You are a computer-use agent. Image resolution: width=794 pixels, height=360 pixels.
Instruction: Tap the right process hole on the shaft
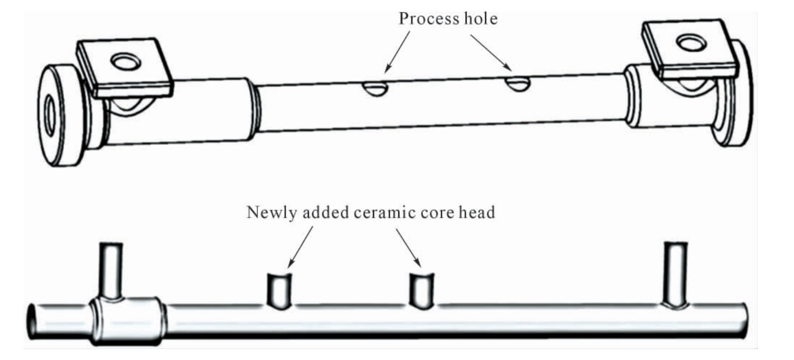click(518, 84)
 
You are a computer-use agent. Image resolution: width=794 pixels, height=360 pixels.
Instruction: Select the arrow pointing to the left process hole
click(397, 52)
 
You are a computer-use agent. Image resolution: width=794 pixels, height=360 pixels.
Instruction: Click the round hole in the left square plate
click(126, 61)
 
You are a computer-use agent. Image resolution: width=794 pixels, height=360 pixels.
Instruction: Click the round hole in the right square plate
click(691, 43)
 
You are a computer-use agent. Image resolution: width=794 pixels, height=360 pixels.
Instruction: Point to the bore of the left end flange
click(50, 116)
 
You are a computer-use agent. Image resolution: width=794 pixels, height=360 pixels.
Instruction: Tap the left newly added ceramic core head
click(280, 291)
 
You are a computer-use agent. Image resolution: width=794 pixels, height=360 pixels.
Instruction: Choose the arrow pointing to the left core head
click(300, 247)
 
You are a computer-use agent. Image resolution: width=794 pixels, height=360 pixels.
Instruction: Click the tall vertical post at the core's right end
click(676, 274)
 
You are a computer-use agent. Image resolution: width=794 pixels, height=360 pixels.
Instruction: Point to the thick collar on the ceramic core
click(128, 321)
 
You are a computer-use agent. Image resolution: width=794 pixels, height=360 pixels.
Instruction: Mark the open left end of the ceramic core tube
click(32, 321)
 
